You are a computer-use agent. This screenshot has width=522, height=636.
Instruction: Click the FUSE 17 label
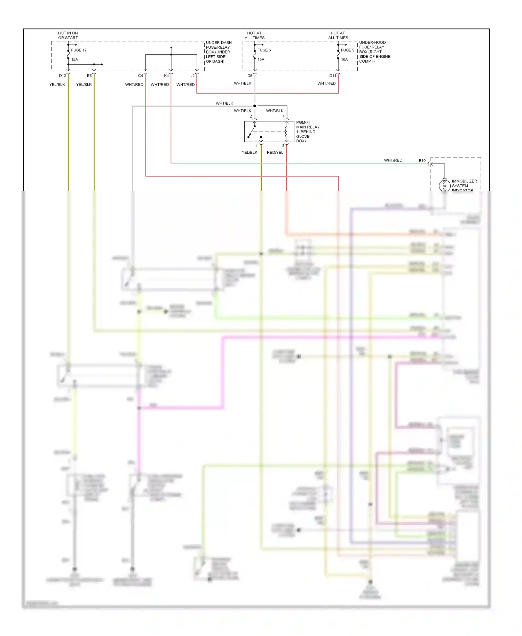tap(79, 50)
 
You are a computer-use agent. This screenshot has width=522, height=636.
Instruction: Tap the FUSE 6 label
tap(264, 50)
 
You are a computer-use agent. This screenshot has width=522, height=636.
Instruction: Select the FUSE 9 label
tap(347, 50)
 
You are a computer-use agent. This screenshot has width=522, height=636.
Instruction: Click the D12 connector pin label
tap(62, 76)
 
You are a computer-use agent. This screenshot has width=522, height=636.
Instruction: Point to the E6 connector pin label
tap(89, 76)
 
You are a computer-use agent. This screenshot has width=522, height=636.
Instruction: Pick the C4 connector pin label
tap(141, 76)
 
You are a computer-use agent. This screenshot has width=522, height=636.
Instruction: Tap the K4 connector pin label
tap(166, 76)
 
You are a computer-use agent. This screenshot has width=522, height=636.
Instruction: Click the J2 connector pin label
tap(192, 76)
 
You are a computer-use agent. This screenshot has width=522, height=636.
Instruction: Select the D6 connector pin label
tap(250, 76)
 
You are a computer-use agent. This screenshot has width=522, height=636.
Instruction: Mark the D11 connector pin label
tap(333, 76)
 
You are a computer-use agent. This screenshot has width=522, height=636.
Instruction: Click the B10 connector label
tap(422, 161)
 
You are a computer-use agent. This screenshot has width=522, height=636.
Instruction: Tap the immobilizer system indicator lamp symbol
tap(444, 185)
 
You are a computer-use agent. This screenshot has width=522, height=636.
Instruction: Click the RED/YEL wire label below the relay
tap(275, 152)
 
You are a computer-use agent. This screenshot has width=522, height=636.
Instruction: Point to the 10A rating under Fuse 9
tap(344, 59)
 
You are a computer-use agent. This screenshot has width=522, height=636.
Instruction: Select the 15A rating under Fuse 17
tap(74, 59)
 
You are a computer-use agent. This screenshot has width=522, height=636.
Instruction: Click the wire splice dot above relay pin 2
tap(255, 106)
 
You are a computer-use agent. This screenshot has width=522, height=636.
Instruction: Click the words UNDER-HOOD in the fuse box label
tap(372, 42)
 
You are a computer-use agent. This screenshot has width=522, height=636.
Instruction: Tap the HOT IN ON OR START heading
tap(68, 35)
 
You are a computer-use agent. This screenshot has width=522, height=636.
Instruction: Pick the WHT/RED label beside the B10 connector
tap(393, 160)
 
